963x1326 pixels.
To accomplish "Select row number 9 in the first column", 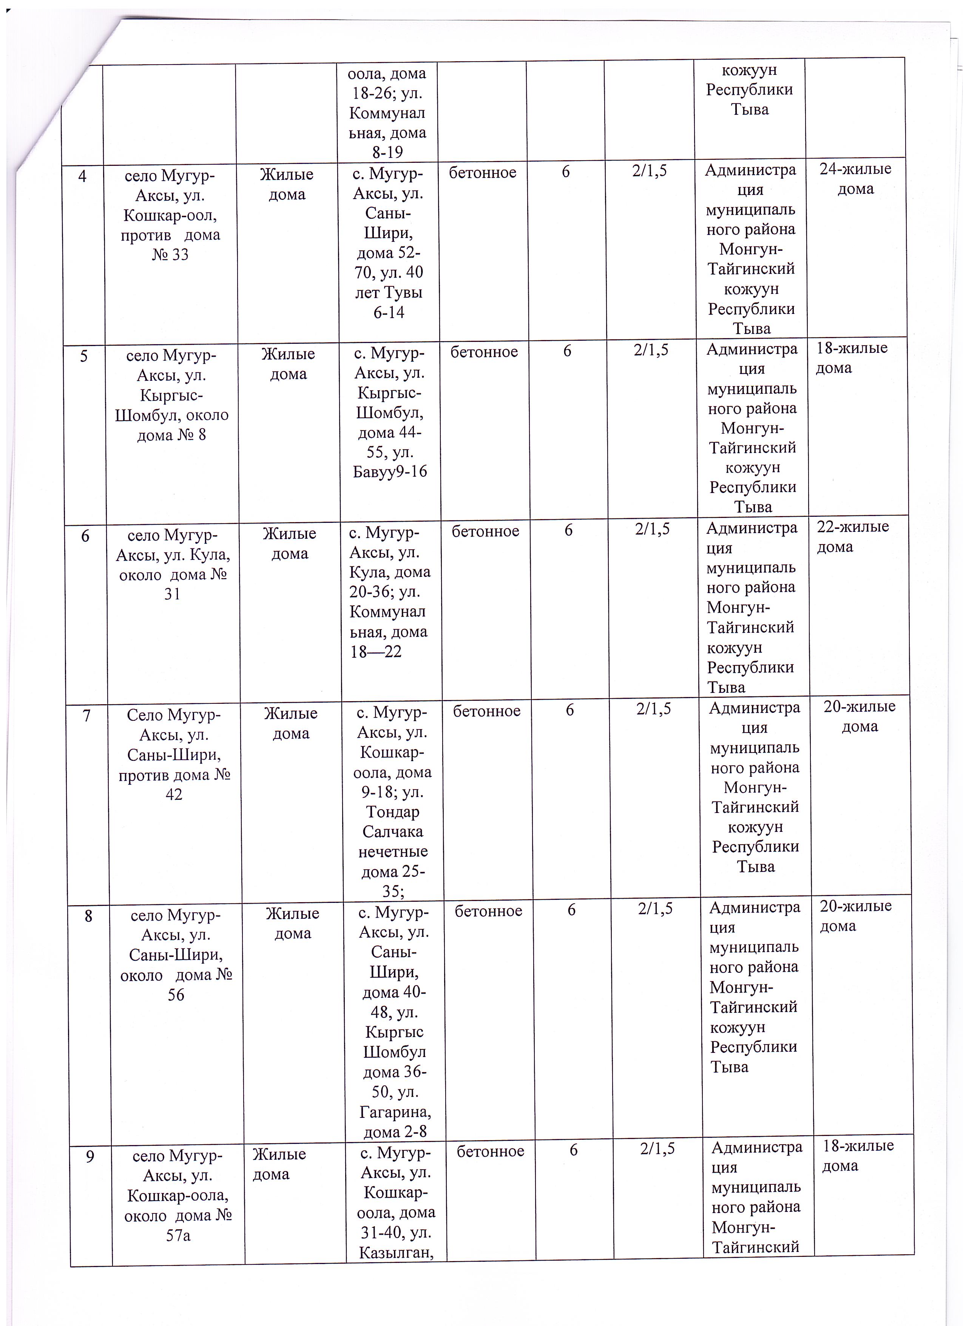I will [x=90, y=1156].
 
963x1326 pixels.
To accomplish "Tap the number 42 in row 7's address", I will [x=174, y=794].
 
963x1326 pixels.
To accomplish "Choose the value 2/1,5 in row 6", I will [x=652, y=529].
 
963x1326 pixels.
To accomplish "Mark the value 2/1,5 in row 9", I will [x=657, y=1148].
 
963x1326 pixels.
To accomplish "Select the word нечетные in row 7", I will [x=393, y=852].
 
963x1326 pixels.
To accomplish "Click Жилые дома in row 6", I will [x=289, y=543].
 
